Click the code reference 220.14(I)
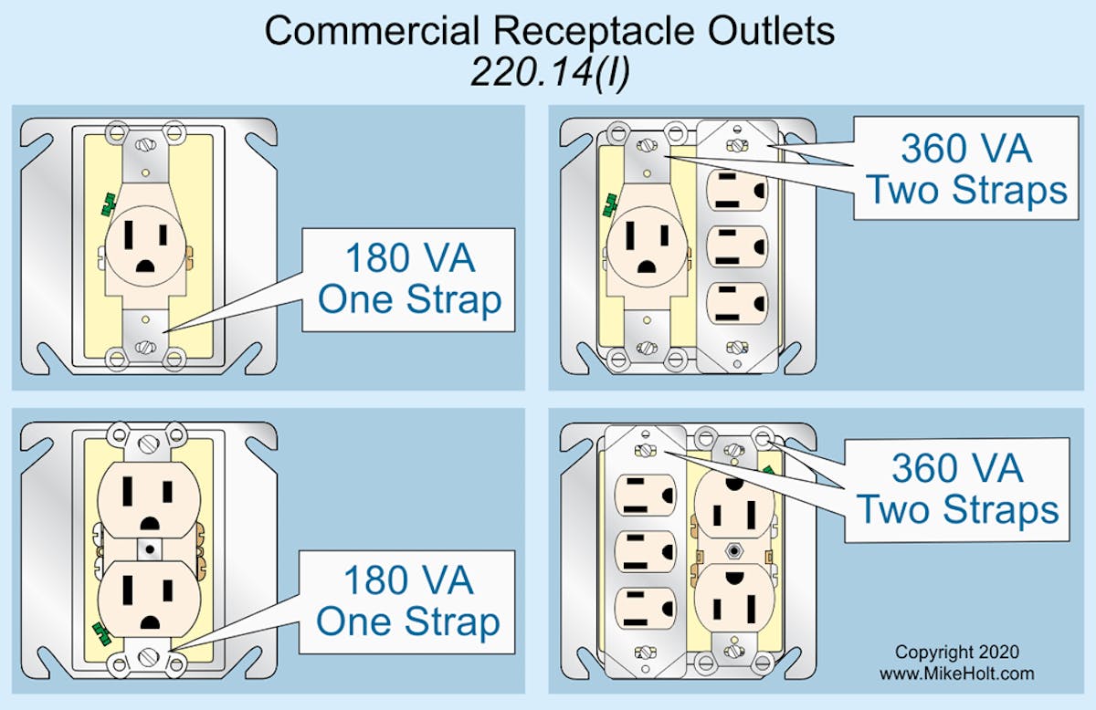click(x=549, y=70)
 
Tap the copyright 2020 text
click(x=957, y=653)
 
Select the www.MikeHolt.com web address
click(x=957, y=673)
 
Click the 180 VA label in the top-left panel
click(x=409, y=259)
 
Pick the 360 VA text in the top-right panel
click(x=966, y=148)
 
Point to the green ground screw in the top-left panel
click(x=108, y=204)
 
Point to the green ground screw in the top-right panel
click(x=606, y=206)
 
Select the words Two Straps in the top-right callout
click(x=966, y=191)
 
